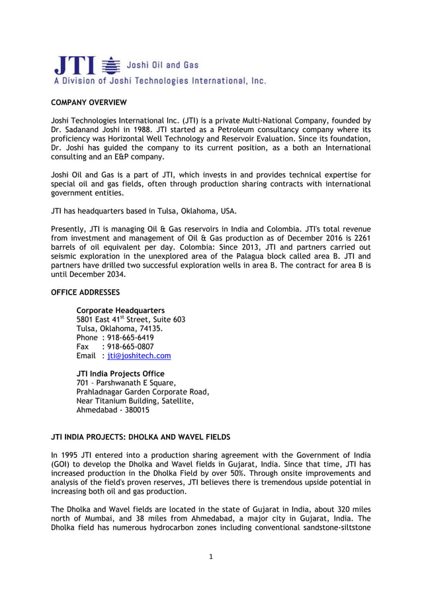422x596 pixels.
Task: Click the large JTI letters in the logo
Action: [74, 66]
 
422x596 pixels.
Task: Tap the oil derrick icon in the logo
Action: [112, 65]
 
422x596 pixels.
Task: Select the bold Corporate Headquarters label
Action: [120, 310]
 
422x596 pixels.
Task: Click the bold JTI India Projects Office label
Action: [120, 373]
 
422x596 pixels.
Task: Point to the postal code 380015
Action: [135, 410]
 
